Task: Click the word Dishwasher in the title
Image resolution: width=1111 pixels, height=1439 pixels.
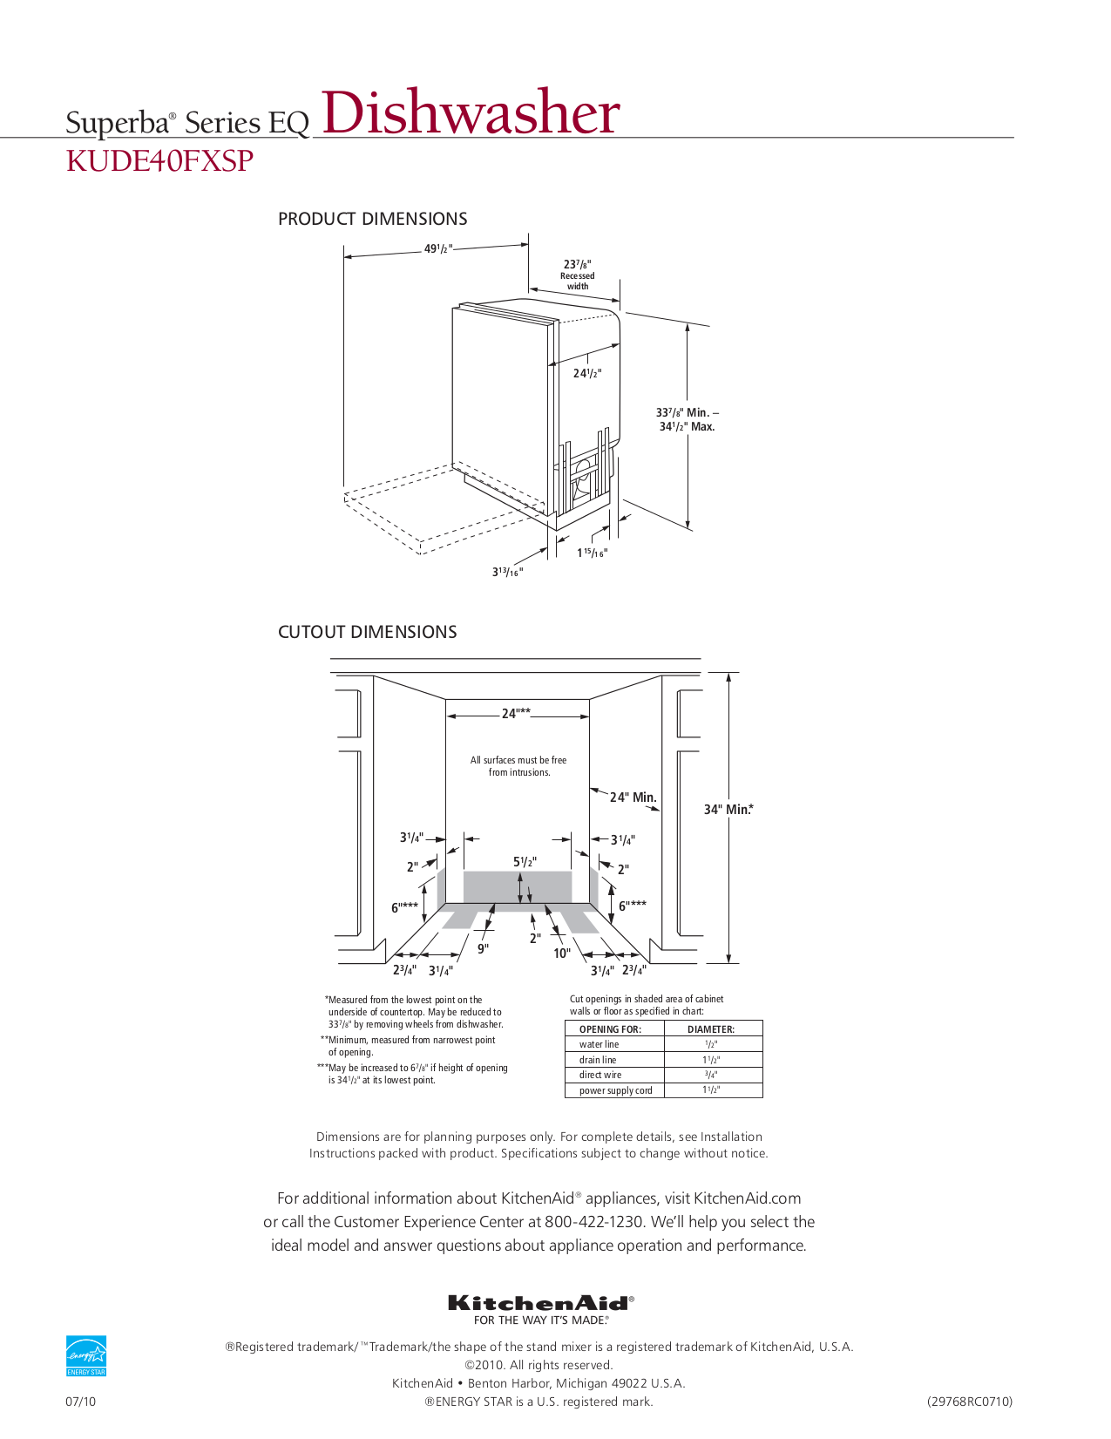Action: click(x=471, y=113)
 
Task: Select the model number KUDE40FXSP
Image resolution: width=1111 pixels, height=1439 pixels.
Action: click(x=159, y=161)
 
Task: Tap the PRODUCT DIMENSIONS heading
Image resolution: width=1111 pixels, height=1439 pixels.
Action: click(x=372, y=219)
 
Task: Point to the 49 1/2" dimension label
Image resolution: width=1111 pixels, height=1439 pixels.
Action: click(x=437, y=249)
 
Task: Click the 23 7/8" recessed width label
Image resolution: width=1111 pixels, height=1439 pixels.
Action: click(x=577, y=265)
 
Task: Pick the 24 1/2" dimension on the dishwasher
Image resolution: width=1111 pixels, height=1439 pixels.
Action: click(x=586, y=373)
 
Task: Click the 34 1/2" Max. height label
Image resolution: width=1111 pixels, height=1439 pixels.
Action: click(x=687, y=427)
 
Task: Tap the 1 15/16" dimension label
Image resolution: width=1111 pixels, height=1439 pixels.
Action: click(x=592, y=553)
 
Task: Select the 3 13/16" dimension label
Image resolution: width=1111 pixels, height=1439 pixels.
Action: click(x=507, y=572)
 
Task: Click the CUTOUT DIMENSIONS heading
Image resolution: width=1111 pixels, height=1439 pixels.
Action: click(x=367, y=632)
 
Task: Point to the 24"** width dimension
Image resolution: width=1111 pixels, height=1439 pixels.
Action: click(x=516, y=714)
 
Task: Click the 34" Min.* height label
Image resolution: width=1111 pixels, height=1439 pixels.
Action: click(x=728, y=810)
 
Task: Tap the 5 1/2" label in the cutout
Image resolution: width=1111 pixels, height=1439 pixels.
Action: click(x=525, y=862)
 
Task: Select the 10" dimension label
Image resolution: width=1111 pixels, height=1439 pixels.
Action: click(x=562, y=954)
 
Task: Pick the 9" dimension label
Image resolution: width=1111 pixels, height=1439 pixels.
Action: click(x=483, y=948)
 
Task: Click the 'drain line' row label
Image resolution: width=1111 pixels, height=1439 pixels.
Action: click(x=598, y=1060)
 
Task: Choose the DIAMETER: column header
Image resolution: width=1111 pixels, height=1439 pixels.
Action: click(x=711, y=1029)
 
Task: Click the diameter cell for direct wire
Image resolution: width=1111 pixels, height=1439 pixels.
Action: click(x=711, y=1075)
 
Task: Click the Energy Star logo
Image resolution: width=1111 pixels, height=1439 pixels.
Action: click(x=86, y=1355)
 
